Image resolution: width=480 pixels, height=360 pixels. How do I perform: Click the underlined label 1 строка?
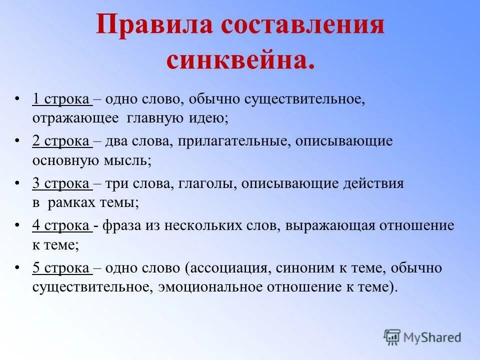click(61, 99)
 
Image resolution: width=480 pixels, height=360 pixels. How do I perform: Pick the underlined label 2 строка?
click(61, 141)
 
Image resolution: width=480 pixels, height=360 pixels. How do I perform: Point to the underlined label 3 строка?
click(61, 183)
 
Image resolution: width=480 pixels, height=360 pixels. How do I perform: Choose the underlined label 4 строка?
click(61, 225)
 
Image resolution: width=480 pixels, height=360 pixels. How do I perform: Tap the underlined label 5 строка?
click(61, 268)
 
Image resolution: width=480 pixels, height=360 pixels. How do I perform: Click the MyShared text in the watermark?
click(433, 337)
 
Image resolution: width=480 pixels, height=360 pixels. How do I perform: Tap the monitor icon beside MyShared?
click(392, 337)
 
